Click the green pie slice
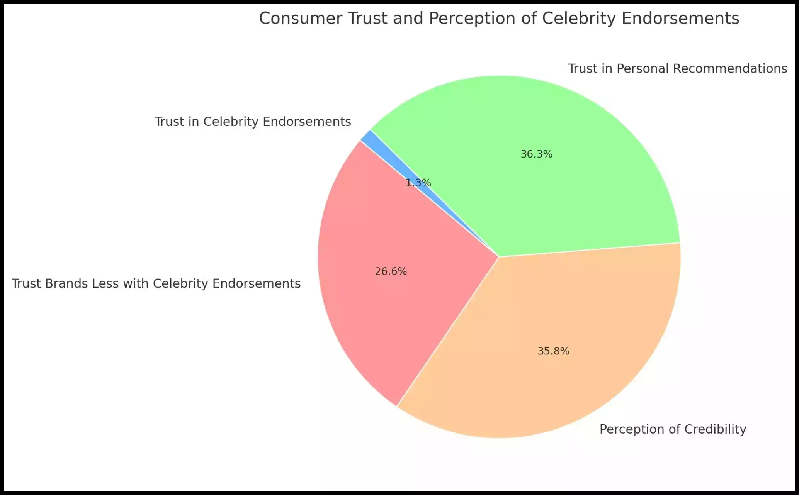point(560,185)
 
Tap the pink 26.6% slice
point(386,301)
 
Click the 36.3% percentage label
point(536,154)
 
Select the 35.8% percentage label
point(553,351)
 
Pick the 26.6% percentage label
point(391,271)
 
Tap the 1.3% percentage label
point(418,183)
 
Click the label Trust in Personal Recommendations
point(677,69)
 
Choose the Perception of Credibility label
point(672,429)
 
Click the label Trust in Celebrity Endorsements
point(253,122)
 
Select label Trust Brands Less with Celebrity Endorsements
point(156,284)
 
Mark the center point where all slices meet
point(499,257)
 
